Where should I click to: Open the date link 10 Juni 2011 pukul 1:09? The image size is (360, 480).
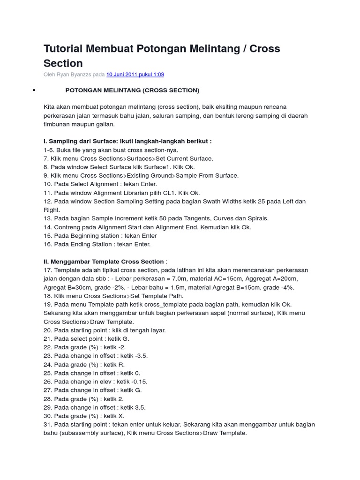point(135,75)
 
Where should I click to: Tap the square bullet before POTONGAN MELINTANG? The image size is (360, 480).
point(34,90)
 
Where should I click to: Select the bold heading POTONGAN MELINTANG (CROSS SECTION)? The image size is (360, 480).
point(132,90)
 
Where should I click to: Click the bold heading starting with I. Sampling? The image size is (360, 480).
point(127,141)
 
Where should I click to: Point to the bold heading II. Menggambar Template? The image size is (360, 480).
point(104,262)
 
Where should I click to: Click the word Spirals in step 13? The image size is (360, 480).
point(257,218)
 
